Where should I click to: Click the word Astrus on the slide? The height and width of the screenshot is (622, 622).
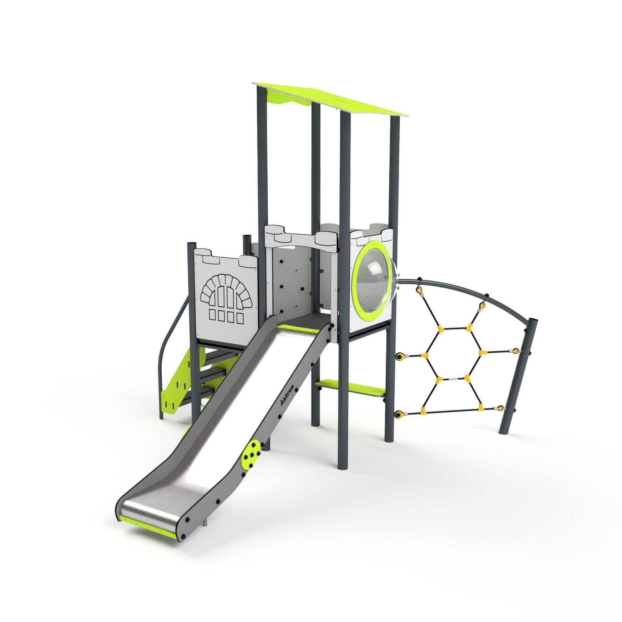click(x=287, y=395)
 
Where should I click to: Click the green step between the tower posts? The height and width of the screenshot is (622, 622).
click(x=350, y=389)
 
